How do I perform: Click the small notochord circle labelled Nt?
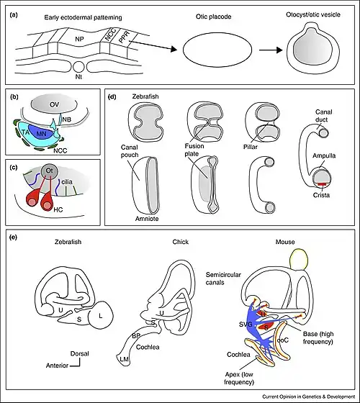pos(78,67)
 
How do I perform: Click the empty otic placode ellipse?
pos(217,50)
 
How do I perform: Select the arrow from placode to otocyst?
pos(271,50)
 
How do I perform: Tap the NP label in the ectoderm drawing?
pos(79,39)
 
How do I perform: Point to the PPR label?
pos(125,37)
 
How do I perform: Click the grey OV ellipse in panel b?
pos(54,105)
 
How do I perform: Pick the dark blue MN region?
pos(42,132)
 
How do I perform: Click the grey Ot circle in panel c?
pos(50,171)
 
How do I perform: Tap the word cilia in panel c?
pos(67,182)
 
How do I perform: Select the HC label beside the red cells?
pos(58,209)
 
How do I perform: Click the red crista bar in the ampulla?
pos(321,184)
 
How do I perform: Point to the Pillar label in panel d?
pos(251,147)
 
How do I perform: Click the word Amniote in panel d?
pos(147,219)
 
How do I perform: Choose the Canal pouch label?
pos(130,151)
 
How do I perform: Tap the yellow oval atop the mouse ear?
pos(299,259)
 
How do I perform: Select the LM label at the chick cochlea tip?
pos(124,359)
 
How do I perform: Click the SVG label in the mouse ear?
pos(246,325)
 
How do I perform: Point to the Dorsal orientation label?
pos(79,353)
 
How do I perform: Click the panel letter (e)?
pos(13,237)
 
